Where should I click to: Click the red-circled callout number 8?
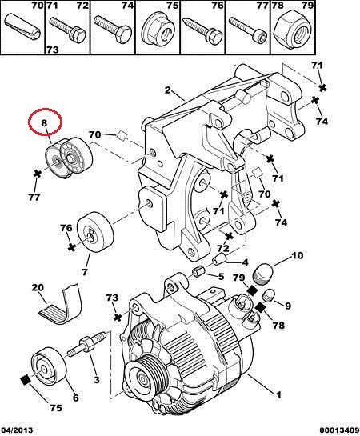click(x=45, y=123)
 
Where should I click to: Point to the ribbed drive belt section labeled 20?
click(x=62, y=305)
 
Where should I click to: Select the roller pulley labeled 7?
click(x=95, y=232)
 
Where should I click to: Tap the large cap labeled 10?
click(x=263, y=273)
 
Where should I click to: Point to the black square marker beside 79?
click(x=253, y=290)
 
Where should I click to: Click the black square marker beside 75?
click(x=26, y=380)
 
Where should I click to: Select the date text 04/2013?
click(x=17, y=430)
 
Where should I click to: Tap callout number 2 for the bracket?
click(x=167, y=90)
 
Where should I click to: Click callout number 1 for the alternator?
click(x=278, y=394)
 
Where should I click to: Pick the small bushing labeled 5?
click(x=198, y=270)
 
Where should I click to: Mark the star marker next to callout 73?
click(x=118, y=318)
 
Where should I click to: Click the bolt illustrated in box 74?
click(x=112, y=28)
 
